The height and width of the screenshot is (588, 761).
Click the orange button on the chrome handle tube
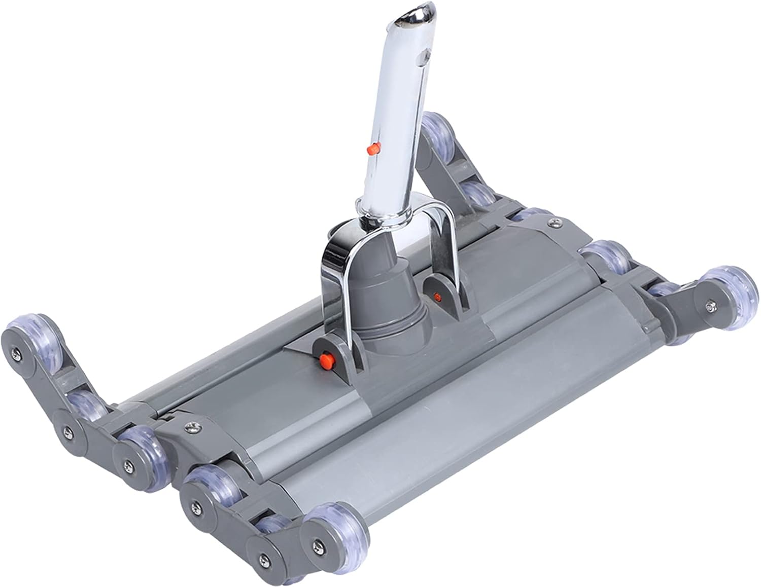373,149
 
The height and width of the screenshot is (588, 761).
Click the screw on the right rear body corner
551,221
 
